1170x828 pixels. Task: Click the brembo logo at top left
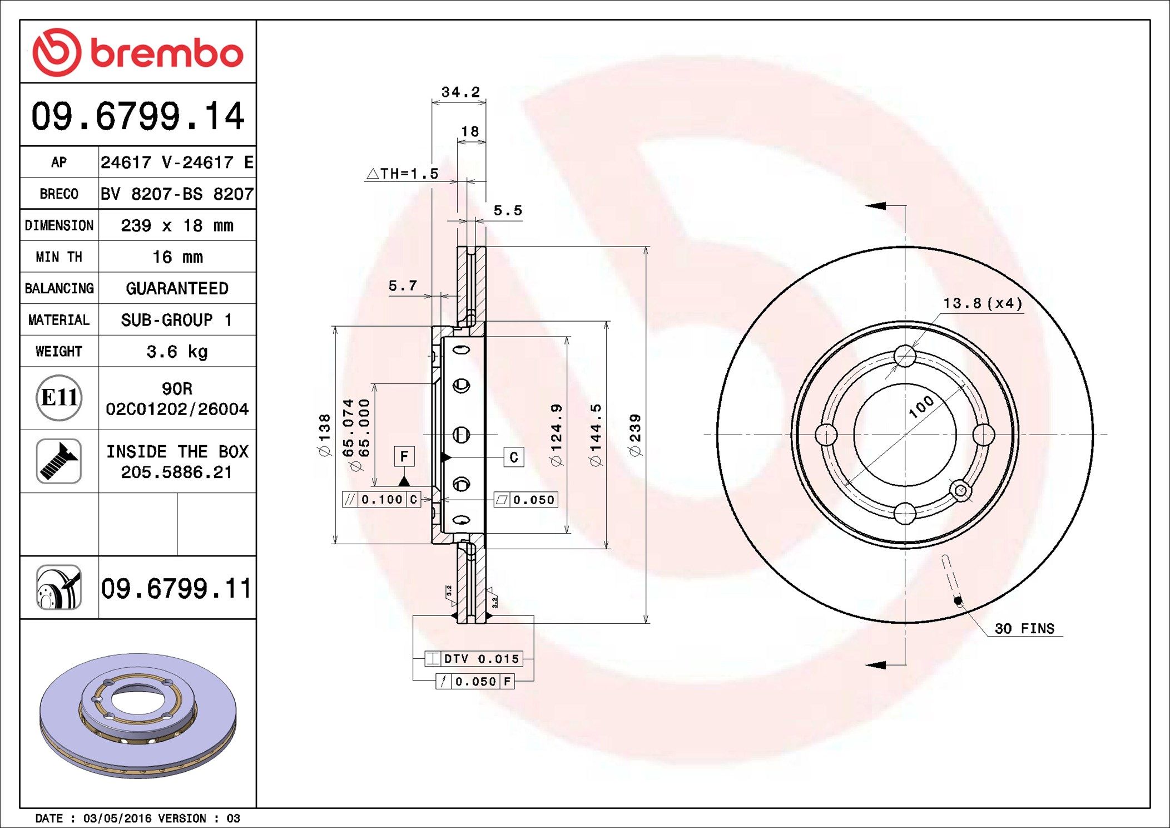point(137,52)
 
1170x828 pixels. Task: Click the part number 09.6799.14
point(137,116)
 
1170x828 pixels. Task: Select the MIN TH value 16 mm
point(177,257)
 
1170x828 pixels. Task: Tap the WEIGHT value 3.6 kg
point(177,352)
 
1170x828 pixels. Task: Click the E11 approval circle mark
point(59,398)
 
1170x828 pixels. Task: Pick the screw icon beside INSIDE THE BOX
point(59,461)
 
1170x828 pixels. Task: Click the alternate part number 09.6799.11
point(176,589)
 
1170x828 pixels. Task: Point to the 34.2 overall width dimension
point(460,92)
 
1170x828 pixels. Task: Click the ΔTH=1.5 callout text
point(403,174)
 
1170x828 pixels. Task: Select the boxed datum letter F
point(404,457)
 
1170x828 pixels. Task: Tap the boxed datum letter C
point(514,457)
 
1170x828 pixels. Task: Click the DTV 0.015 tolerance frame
point(474,659)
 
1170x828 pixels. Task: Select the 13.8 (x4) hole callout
point(983,303)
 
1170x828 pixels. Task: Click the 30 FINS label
point(1024,629)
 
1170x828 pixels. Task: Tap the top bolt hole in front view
point(905,356)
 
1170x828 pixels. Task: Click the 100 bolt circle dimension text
point(921,407)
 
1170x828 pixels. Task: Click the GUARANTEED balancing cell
point(177,288)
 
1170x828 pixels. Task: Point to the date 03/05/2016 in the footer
point(117,819)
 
